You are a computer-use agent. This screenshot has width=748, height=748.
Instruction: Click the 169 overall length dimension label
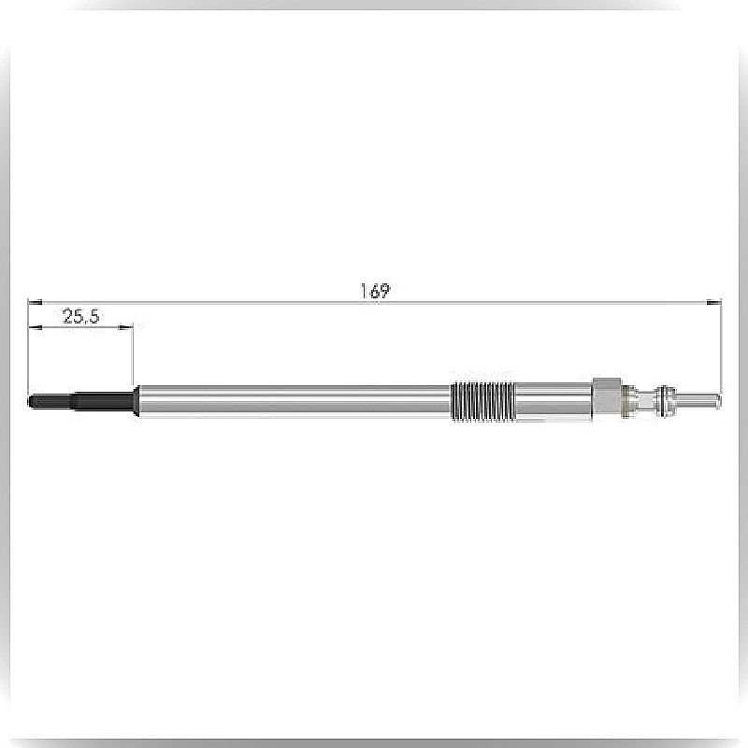coord(375,291)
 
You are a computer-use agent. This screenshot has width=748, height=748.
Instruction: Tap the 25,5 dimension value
coord(81,316)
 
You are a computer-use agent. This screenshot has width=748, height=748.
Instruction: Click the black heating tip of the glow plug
coord(80,401)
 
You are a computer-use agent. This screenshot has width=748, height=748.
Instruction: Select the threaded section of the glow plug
coord(482,402)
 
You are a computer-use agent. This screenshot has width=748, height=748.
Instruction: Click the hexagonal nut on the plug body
coord(607,399)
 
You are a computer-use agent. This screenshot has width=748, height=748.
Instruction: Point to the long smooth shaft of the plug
coord(294,401)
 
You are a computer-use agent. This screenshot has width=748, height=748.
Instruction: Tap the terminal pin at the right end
coord(698,401)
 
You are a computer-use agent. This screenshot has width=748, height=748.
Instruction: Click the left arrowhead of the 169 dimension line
coord(35,302)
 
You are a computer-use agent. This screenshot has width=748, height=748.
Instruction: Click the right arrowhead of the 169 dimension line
coord(714,302)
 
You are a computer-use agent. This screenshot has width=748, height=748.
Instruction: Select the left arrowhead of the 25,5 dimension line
coord(36,327)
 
